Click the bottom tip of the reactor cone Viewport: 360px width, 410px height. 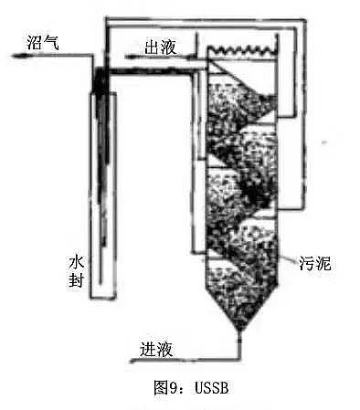(x=240, y=329)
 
